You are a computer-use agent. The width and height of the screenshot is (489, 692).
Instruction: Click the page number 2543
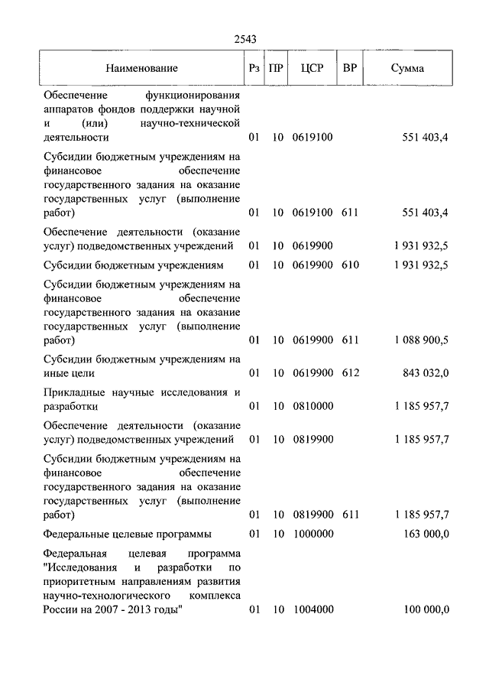click(x=244, y=41)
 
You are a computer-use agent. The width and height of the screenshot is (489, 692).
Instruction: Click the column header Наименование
click(x=142, y=69)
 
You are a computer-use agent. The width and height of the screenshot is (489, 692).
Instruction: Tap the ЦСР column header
click(x=313, y=69)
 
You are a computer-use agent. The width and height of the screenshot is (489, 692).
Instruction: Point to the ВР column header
click(x=350, y=69)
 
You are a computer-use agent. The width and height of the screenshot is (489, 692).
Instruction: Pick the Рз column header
click(x=254, y=69)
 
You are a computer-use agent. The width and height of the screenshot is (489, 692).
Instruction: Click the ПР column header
click(x=277, y=69)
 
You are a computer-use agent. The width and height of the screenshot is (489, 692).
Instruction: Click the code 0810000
click(x=312, y=406)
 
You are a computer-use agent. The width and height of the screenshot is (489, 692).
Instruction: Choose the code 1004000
click(x=312, y=609)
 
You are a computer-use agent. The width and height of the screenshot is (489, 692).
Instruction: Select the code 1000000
click(x=312, y=534)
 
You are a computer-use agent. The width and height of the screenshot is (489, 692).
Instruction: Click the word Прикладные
click(x=74, y=392)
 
